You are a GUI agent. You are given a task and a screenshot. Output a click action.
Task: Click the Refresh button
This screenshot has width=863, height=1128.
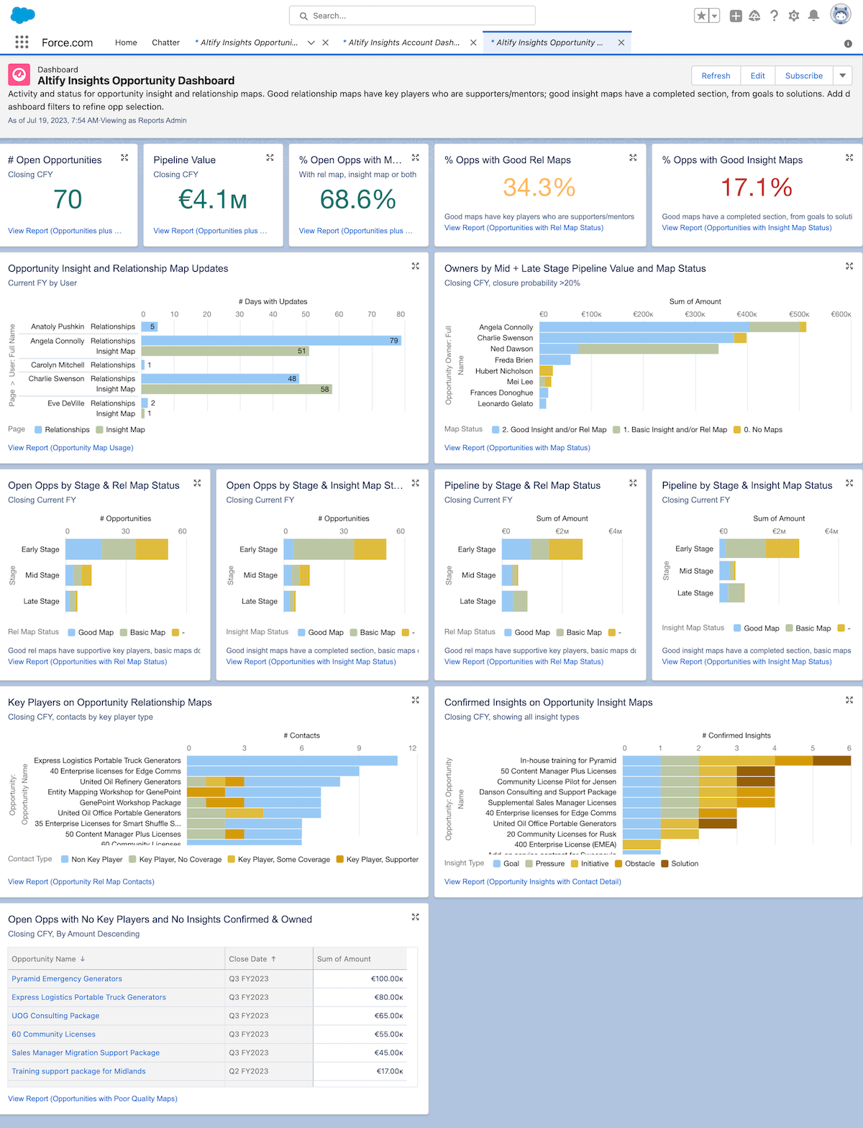tap(716, 75)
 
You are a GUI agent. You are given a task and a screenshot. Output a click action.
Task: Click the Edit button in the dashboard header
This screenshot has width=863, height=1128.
tap(757, 75)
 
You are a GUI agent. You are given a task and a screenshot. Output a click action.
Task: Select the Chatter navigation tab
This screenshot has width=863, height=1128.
tap(165, 42)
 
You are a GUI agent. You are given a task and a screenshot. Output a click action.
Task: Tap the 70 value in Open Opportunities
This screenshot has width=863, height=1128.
tap(68, 199)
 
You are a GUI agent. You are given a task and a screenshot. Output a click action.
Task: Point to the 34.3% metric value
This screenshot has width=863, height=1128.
tap(539, 188)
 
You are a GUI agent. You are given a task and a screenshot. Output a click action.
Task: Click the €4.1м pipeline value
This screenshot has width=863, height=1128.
tap(213, 199)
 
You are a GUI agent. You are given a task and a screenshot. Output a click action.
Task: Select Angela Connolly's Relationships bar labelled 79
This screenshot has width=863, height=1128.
tap(271, 341)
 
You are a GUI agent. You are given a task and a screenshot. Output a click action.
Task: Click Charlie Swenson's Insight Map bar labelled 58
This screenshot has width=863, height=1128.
tap(237, 389)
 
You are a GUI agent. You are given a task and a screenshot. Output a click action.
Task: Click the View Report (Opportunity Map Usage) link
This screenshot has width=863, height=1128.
tap(70, 448)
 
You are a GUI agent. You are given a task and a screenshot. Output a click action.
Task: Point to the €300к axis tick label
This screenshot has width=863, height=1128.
tap(695, 314)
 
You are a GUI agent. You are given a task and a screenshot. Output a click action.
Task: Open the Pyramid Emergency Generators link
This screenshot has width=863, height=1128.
tap(67, 978)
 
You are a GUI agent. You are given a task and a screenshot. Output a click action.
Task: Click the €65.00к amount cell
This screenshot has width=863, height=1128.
tap(388, 1016)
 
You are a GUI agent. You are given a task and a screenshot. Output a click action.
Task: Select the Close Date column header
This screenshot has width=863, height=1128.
tap(248, 959)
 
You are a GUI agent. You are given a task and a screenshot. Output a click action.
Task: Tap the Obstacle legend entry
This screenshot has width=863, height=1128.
tap(639, 863)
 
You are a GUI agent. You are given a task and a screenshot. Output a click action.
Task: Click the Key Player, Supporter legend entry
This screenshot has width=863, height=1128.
tap(382, 859)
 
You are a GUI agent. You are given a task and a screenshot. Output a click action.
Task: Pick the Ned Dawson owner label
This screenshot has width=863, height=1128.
tap(511, 349)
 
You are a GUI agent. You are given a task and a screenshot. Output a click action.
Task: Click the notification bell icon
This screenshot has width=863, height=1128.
tap(813, 15)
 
